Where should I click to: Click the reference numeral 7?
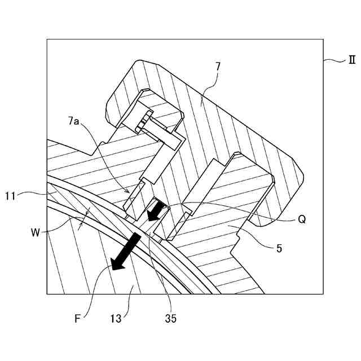(217, 66)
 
